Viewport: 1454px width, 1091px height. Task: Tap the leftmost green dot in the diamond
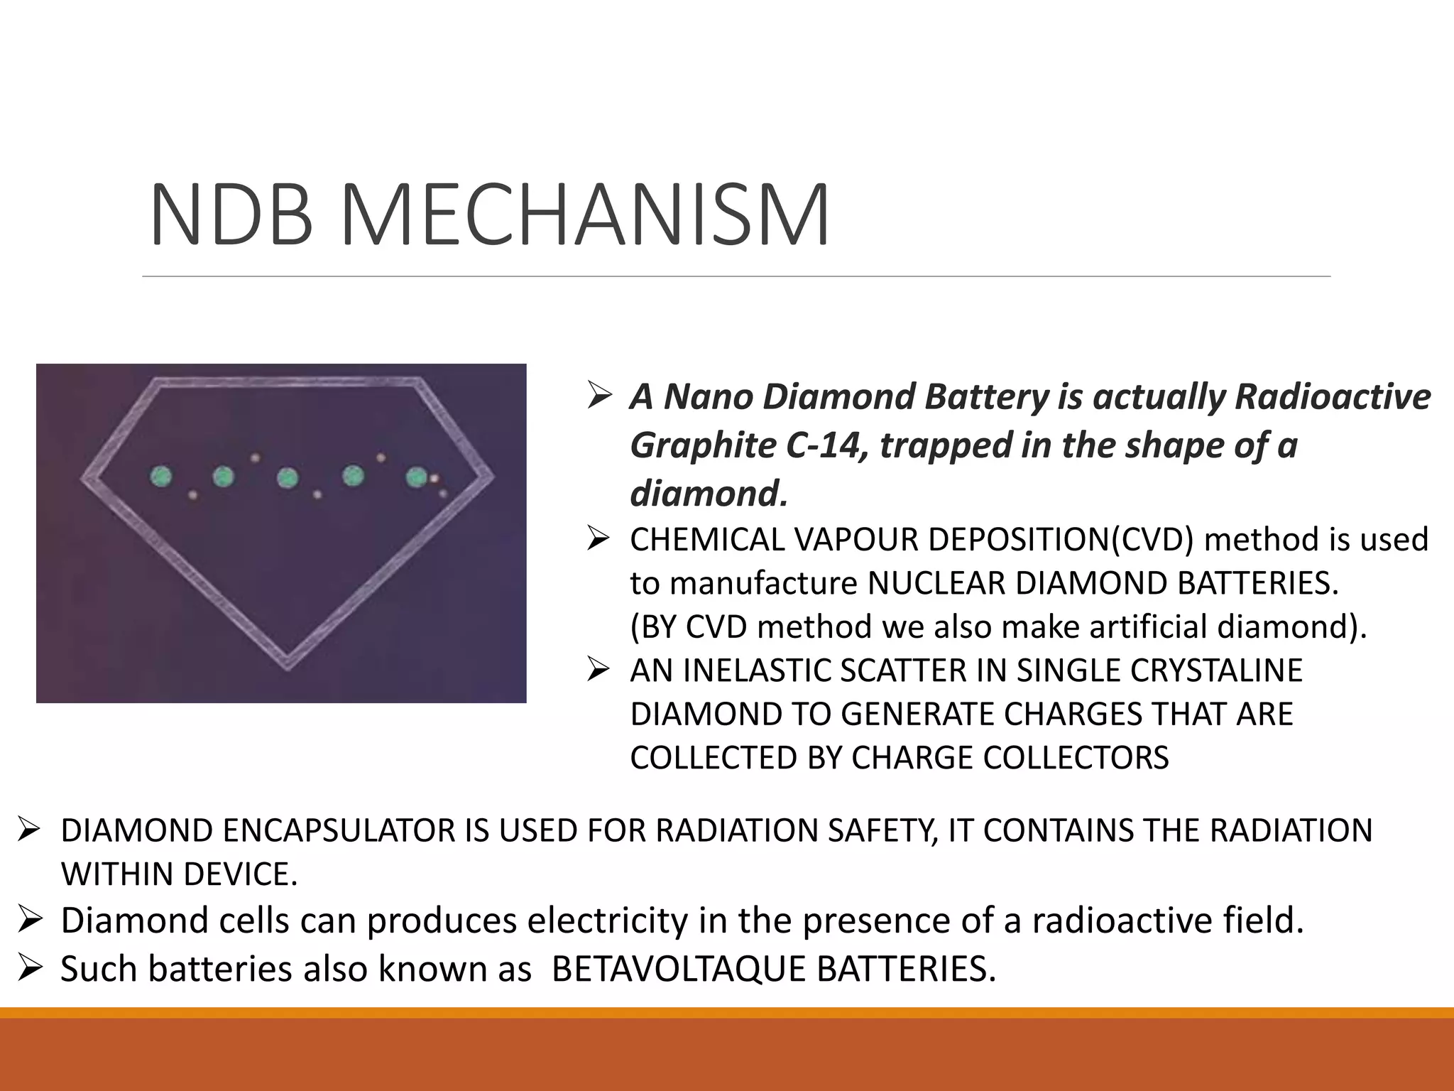(161, 476)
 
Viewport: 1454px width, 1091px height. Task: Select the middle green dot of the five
(288, 478)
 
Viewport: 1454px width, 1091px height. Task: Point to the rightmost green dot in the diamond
(416, 477)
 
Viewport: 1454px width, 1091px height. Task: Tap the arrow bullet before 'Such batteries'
(32, 968)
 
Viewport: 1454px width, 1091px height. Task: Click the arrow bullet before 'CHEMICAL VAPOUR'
(600, 539)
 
